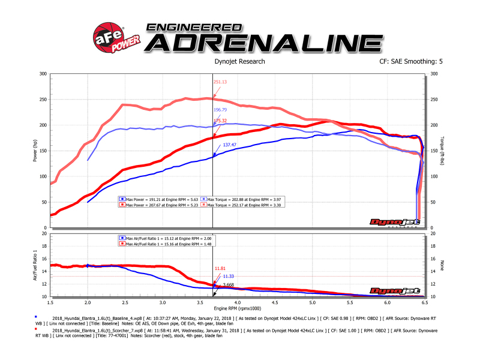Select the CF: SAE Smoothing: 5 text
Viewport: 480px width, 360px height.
click(411, 61)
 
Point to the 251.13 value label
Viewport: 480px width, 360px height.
click(221, 82)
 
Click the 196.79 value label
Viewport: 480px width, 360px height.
click(221, 110)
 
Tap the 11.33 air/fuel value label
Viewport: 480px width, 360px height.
click(228, 277)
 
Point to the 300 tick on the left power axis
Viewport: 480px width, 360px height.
click(43, 74)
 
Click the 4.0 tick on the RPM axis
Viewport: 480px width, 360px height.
click(238, 302)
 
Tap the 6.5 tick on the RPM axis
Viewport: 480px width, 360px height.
click(424, 302)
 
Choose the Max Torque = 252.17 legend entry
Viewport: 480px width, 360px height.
click(244, 205)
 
